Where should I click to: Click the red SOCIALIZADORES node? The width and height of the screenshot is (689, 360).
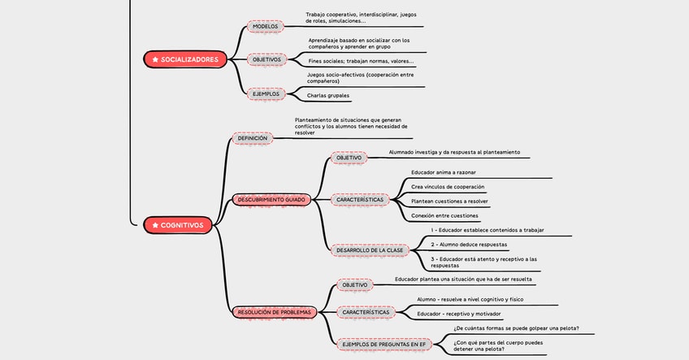click(184, 59)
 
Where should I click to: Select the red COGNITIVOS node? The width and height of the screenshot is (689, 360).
click(178, 225)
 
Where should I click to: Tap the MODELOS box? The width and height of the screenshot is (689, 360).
click(265, 26)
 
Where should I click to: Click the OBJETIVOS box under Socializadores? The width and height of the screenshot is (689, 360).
click(266, 59)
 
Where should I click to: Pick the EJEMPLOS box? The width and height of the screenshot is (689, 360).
click(266, 93)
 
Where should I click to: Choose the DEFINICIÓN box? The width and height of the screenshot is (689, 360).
click(251, 138)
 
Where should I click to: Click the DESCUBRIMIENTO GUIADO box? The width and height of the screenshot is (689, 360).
click(272, 199)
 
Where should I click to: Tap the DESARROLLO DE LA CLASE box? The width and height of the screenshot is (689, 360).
click(370, 249)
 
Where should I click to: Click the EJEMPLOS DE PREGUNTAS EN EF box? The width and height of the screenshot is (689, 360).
click(383, 345)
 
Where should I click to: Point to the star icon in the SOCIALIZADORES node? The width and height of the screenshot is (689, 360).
click(155, 59)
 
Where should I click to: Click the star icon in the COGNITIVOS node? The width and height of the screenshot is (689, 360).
click(154, 225)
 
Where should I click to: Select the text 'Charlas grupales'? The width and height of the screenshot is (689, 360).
click(327, 96)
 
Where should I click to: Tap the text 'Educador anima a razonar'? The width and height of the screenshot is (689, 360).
click(443, 172)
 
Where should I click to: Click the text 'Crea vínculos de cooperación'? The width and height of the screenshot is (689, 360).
click(448, 187)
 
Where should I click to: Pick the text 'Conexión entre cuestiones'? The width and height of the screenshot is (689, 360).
click(444, 215)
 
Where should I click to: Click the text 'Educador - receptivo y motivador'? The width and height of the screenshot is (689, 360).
click(459, 314)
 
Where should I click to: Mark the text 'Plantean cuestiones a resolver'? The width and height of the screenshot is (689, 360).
click(449, 201)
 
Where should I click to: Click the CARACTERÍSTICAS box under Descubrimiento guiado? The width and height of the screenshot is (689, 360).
click(359, 199)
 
